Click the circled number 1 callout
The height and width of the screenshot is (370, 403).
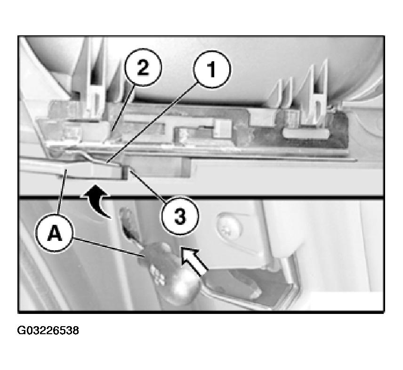click(212, 69)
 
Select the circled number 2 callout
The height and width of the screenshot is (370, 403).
click(143, 67)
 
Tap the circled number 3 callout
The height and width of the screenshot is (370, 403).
click(180, 215)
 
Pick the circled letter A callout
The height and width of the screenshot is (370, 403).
click(55, 234)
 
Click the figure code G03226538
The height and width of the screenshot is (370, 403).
click(48, 330)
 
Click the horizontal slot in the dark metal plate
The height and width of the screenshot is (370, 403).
click(306, 133)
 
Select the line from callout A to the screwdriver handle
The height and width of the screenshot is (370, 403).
click(109, 247)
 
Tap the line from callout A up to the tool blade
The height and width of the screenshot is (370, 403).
click(63, 192)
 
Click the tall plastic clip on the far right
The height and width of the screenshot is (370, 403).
click(315, 93)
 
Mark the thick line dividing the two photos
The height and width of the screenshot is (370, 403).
click(201, 197)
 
